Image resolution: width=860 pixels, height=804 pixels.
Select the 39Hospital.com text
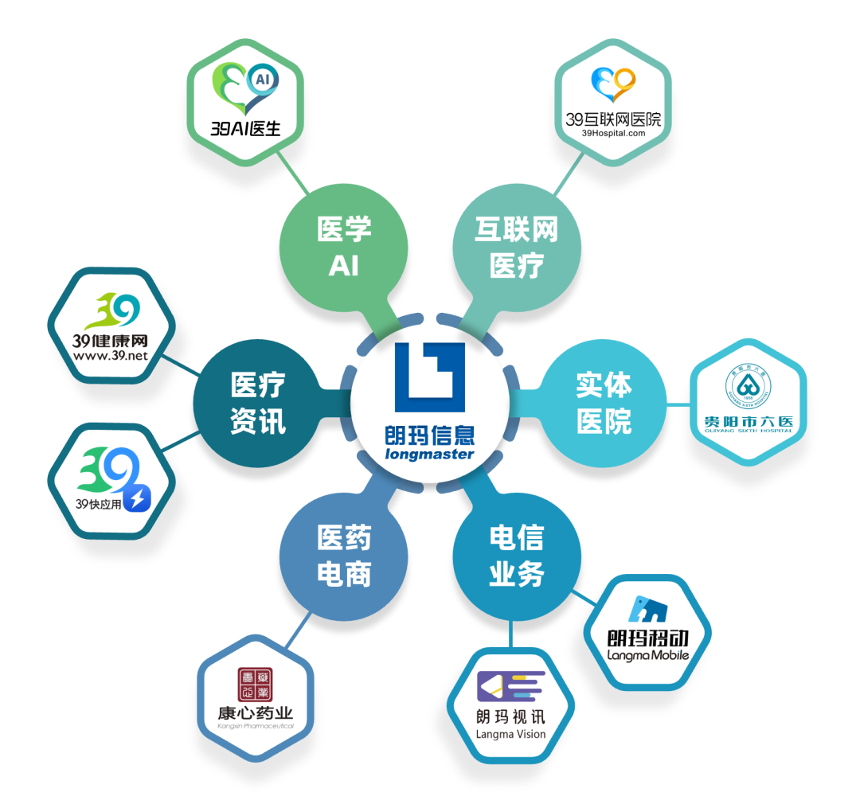click(613, 134)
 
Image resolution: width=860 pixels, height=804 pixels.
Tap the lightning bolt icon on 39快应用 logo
click(136, 499)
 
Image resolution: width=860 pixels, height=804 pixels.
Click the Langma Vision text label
click(510, 733)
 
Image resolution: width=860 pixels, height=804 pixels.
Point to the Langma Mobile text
click(647, 655)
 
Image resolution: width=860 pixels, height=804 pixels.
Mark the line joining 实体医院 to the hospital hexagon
click(677, 404)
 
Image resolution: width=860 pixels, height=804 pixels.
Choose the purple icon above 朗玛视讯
click(510, 686)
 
